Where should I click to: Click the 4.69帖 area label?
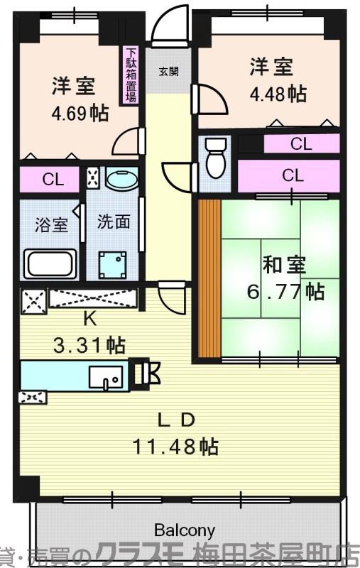click(x=80, y=113)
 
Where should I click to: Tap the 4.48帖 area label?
click(x=278, y=93)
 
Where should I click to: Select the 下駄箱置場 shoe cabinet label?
click(x=131, y=75)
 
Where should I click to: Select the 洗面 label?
click(x=114, y=222)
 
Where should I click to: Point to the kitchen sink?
click(x=105, y=376)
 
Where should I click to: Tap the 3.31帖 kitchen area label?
click(x=89, y=345)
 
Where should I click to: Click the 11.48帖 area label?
click(x=175, y=447)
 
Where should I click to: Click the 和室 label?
click(x=284, y=266)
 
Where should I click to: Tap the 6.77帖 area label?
click(x=285, y=291)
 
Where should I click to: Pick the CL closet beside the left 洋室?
click(x=53, y=180)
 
